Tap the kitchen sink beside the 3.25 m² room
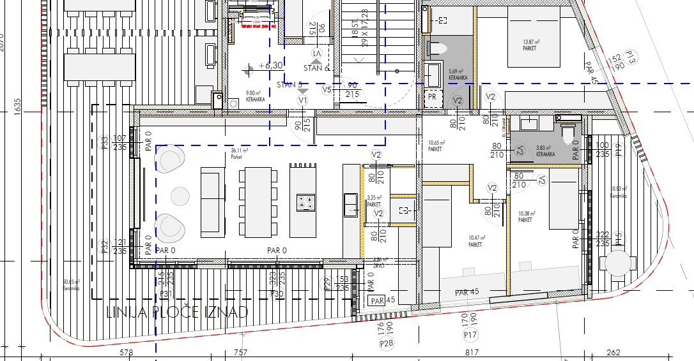(x=351, y=204)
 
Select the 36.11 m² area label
(x=239, y=152)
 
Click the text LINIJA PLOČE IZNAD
(x=176, y=311)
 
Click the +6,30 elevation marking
(x=269, y=66)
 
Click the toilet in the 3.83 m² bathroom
(x=567, y=132)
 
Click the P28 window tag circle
(x=385, y=344)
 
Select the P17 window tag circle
(x=471, y=334)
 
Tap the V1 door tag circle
(x=303, y=100)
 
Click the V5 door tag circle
(x=327, y=90)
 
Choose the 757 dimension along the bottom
(x=241, y=353)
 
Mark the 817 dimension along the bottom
(x=472, y=353)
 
